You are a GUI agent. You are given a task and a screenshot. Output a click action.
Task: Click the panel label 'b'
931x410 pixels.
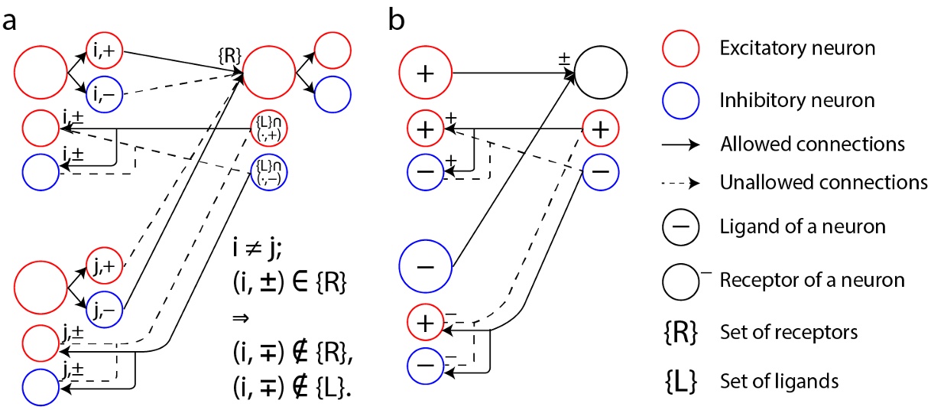[x=397, y=18]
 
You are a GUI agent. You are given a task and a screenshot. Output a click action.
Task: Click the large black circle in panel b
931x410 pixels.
[x=600, y=74]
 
